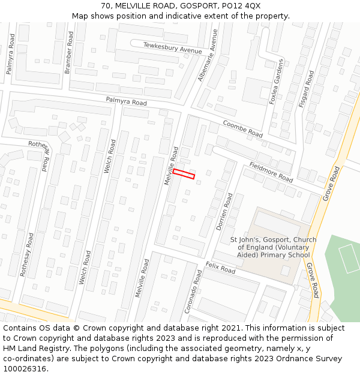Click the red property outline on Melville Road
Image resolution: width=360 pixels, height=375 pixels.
[x=184, y=173]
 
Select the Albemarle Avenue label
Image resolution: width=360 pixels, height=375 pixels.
[x=208, y=56]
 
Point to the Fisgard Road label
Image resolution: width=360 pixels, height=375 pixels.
[x=306, y=89]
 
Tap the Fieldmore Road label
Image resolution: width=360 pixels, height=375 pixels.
[x=271, y=172]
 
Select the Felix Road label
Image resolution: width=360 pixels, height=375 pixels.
[x=220, y=267]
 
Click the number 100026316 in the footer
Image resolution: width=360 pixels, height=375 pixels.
[x=25, y=368]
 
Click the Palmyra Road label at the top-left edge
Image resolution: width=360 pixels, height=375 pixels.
[x=10, y=54]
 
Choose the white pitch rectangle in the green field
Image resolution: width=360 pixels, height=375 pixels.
[x=349, y=258]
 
